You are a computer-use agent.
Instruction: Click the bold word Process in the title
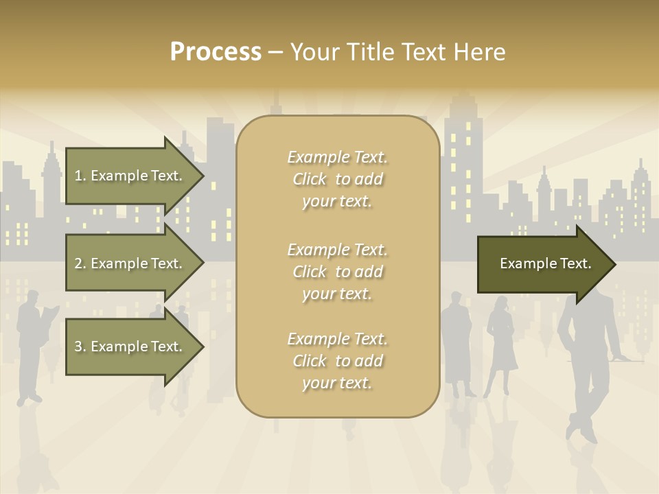pos(216,52)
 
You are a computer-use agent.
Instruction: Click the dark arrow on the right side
pos(545,263)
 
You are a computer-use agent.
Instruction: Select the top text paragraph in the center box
pos(337,179)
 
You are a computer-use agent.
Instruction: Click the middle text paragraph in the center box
pos(337,272)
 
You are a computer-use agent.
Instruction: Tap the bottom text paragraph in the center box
pos(337,361)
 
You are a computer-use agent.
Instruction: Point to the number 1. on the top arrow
pos(80,176)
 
